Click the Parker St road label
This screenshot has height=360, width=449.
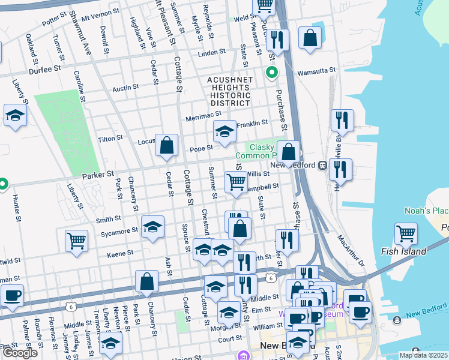[98, 175]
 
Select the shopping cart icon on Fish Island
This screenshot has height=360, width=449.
[406, 234]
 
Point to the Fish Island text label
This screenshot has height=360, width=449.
[407, 252]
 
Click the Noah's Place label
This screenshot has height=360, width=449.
[426, 211]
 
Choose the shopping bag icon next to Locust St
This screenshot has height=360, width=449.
[167, 146]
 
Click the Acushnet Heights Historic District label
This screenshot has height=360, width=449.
[228, 92]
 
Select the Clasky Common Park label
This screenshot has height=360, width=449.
[262, 151]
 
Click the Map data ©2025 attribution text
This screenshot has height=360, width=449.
[423, 355]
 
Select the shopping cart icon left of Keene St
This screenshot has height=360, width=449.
[76, 241]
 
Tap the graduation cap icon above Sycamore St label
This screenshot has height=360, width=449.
[152, 227]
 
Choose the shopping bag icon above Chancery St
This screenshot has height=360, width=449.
[146, 283]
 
